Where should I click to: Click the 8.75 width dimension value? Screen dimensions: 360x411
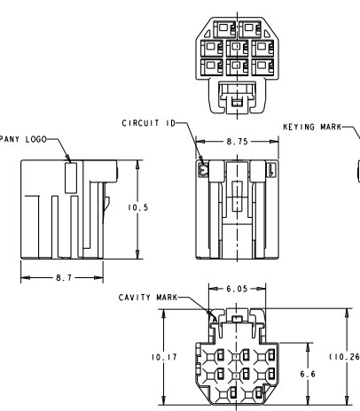tap(237, 142)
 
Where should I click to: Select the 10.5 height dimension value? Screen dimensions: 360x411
tap(137, 207)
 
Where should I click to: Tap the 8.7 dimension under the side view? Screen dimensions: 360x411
tap(64, 278)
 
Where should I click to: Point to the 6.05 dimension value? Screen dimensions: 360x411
tap(237, 289)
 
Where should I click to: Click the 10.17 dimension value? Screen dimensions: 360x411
tap(164, 357)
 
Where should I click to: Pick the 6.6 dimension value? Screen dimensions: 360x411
tap(308, 374)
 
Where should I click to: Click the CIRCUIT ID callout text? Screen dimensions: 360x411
tap(149, 123)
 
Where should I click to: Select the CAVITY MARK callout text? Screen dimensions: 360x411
tap(148, 298)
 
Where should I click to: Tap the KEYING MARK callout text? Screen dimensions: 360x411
tap(312, 127)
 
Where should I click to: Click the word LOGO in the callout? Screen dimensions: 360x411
tap(36, 139)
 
